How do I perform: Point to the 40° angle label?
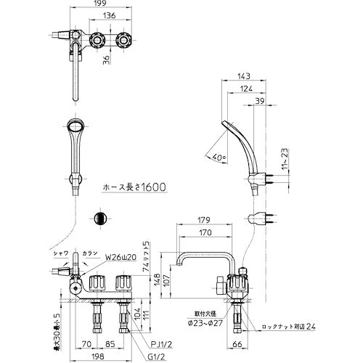[x=219, y=155]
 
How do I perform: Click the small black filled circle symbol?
[x=101, y=219]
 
